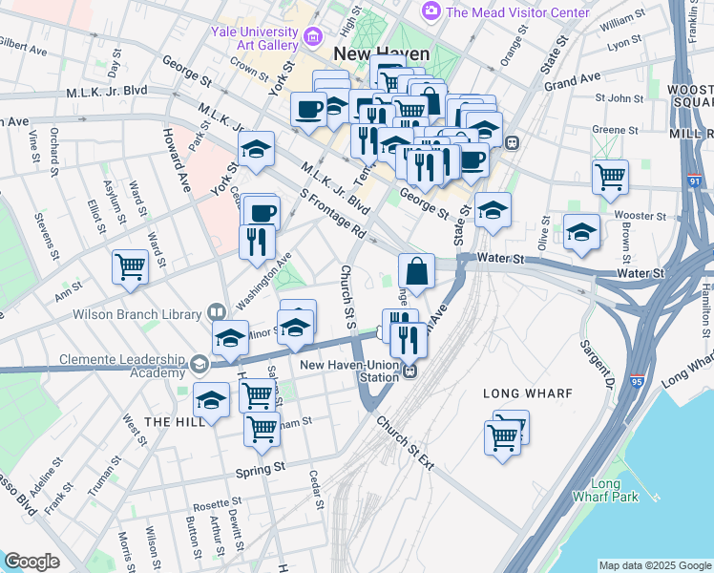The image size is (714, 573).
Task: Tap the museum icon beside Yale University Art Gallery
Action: [313, 38]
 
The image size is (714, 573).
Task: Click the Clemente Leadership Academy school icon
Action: [199, 363]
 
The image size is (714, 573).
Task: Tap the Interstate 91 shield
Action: [695, 181]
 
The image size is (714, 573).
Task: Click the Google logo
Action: [31, 562]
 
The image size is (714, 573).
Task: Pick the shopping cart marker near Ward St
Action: [131, 268]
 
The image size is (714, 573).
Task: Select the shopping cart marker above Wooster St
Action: [610, 177]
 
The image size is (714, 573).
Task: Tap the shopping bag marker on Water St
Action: [416, 272]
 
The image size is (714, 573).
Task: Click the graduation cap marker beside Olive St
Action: [581, 234]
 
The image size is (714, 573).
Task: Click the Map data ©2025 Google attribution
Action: [655, 565]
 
